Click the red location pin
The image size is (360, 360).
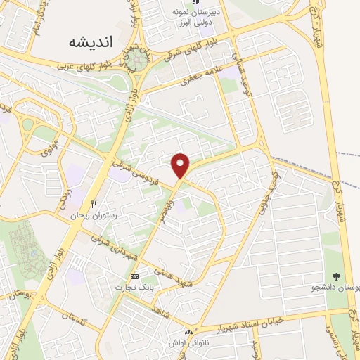181,165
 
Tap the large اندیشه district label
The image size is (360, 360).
91,41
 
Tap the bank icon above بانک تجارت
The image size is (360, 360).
135,276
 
